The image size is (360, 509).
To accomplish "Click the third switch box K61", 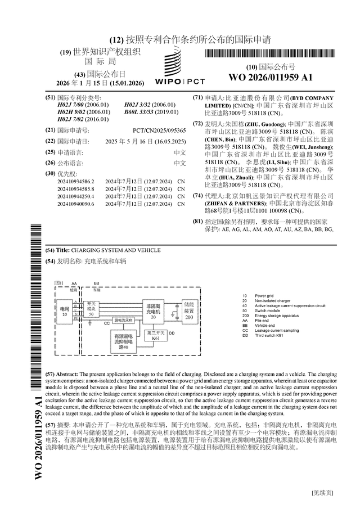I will tap(156, 336).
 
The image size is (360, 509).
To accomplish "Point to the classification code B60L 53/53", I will tap(150, 111).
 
